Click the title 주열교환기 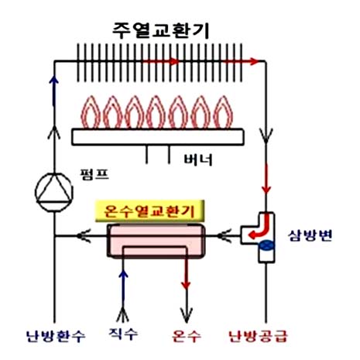(160, 30)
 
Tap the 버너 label (198, 159)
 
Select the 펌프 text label (94, 174)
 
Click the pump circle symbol (54, 192)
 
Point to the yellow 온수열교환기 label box (149, 211)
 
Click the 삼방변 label (310, 235)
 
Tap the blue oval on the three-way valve (266, 245)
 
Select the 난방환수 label (56, 336)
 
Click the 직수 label (123, 334)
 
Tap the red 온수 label (187, 336)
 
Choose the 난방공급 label (259, 336)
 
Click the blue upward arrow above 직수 (123, 286)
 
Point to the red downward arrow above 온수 (186, 273)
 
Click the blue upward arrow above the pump (54, 91)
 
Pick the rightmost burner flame (223, 112)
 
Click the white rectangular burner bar (158, 137)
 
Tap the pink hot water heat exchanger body (156, 241)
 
